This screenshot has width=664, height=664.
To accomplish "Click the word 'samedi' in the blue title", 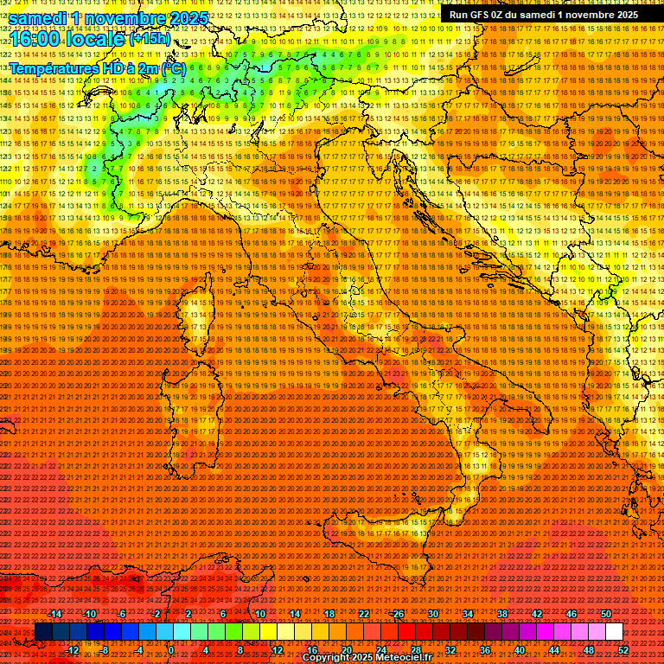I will click(37, 18).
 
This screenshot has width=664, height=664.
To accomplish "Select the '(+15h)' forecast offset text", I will click(150, 39).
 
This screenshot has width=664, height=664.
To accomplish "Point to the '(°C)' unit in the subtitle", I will click(172, 67).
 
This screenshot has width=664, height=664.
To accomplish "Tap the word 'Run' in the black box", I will click(459, 15).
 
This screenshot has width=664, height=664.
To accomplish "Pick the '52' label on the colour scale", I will click(622, 650).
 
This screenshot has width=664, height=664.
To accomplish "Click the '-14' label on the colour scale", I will click(56, 614).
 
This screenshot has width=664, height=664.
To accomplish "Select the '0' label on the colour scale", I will click(171, 650).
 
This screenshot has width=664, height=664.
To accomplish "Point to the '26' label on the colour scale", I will click(399, 614).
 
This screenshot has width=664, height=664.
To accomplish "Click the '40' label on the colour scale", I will click(519, 650).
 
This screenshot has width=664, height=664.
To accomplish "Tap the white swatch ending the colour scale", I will click(614, 632).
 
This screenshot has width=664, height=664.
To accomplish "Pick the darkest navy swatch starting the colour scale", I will click(42, 632).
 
